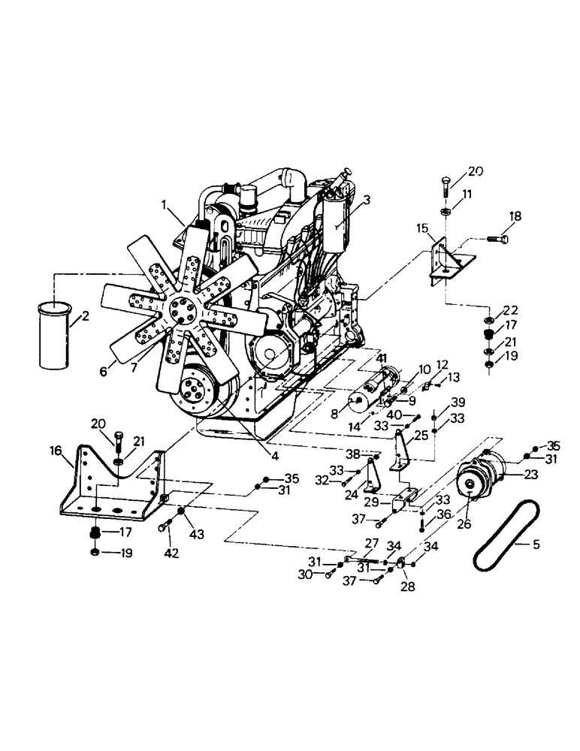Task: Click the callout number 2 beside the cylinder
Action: (85, 316)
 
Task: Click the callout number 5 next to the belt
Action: (536, 544)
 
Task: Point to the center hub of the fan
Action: (179, 307)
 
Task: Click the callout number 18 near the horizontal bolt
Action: (513, 217)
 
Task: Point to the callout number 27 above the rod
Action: (371, 543)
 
